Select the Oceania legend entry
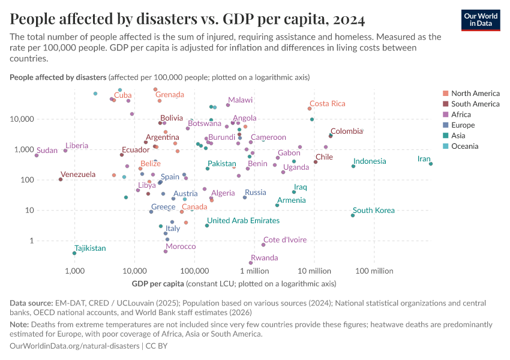(464, 146)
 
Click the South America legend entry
(475, 104)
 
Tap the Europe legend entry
(463, 125)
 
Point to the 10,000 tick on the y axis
(54, 119)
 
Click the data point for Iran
(431, 164)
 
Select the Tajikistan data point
(74, 253)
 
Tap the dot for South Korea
(353, 215)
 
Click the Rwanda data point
(251, 263)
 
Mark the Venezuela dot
(61, 179)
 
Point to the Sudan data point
(37, 155)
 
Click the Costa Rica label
(328, 104)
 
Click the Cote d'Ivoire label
(285, 239)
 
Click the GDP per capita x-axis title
(157, 283)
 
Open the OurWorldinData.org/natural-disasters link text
(74, 346)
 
